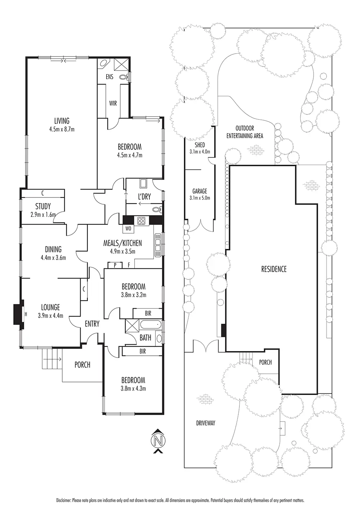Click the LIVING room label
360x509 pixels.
(62, 121)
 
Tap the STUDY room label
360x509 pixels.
(43, 206)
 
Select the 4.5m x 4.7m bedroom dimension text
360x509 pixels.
(130, 155)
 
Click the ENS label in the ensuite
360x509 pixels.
(109, 77)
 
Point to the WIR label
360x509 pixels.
(113, 103)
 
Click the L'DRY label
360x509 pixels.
(144, 197)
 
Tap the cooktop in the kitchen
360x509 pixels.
(141, 221)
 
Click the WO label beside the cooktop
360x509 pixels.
(128, 228)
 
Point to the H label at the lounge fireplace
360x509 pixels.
(26, 314)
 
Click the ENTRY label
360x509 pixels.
(92, 324)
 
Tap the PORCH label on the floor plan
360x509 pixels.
(82, 365)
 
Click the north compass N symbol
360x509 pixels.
(157, 440)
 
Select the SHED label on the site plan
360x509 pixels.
(199, 145)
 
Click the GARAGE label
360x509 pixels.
(199, 191)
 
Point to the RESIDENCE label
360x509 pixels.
(274, 269)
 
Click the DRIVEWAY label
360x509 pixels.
(206, 423)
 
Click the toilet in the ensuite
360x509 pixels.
(124, 77)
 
